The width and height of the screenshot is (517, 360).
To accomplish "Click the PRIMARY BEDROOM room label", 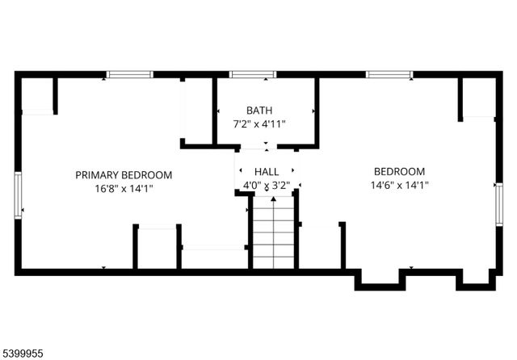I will point(124,174).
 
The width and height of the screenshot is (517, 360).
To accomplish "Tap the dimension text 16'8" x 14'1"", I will point(124,188).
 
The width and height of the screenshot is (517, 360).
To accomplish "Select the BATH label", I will point(259,111).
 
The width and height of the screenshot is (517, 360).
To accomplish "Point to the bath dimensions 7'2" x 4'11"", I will point(259,124).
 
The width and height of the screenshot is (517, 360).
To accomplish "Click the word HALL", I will point(267,172).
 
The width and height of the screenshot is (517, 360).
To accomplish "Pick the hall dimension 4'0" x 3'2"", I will point(267,185).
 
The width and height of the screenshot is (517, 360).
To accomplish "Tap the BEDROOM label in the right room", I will point(399,171).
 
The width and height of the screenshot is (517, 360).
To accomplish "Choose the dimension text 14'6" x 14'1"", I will point(399,185).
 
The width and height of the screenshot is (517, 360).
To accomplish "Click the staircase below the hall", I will point(273,234).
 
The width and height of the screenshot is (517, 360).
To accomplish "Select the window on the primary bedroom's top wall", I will point(130,75).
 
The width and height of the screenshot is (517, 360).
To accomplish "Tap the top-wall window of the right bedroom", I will point(390,75).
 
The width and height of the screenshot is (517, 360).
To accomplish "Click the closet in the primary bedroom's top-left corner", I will point(37,95).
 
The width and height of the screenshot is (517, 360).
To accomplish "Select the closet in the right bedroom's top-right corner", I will point(477,97).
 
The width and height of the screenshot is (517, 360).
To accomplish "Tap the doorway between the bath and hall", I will point(267,148).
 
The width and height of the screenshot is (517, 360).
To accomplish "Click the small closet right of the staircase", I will point(320,246).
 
